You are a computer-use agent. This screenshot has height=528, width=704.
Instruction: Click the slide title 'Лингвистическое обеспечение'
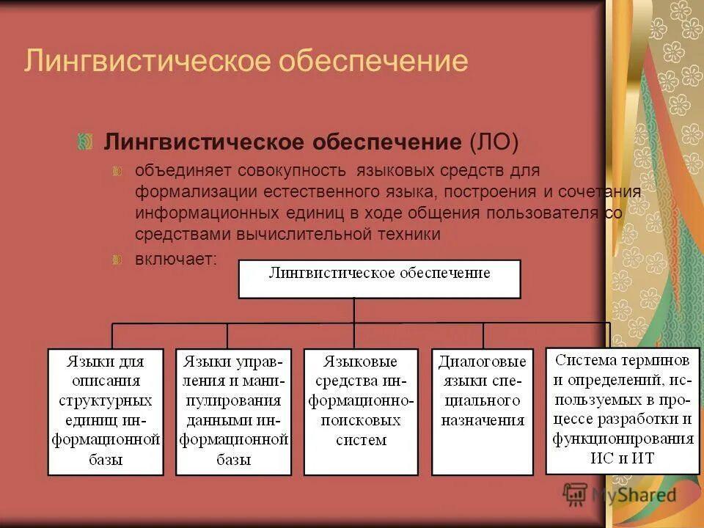pyautogui.click(x=246, y=61)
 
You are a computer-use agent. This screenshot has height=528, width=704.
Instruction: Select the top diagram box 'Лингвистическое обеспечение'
pyautogui.click(x=379, y=278)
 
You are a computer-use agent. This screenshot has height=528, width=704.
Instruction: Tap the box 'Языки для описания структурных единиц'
pyautogui.click(x=106, y=411)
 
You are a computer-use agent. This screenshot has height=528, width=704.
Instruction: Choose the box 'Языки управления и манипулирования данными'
pyautogui.click(x=234, y=411)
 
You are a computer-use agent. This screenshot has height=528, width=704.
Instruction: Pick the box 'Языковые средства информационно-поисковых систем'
pyautogui.click(x=361, y=411)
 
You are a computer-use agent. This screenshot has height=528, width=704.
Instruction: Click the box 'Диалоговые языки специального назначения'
pyautogui.click(x=482, y=411)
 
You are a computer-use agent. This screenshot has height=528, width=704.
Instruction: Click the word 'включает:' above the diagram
pyautogui.click(x=176, y=260)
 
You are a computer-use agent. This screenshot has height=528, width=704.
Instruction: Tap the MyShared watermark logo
pyautogui.click(x=620, y=495)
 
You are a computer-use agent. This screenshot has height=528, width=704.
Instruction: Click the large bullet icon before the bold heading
pyautogui.click(x=86, y=141)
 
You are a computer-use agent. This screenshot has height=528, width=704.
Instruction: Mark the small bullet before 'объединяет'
pyautogui.click(x=117, y=172)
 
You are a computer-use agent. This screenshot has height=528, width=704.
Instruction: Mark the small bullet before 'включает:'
pyautogui.click(x=117, y=260)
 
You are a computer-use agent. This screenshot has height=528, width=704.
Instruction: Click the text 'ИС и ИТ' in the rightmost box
pyautogui.click(x=622, y=458)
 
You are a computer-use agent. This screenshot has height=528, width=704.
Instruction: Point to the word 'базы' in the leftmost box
pyautogui.click(x=106, y=461)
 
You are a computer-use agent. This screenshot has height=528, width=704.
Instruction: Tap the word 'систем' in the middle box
pyautogui.click(x=361, y=441)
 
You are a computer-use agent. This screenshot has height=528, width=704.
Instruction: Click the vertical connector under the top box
pyautogui.click(x=354, y=310)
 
